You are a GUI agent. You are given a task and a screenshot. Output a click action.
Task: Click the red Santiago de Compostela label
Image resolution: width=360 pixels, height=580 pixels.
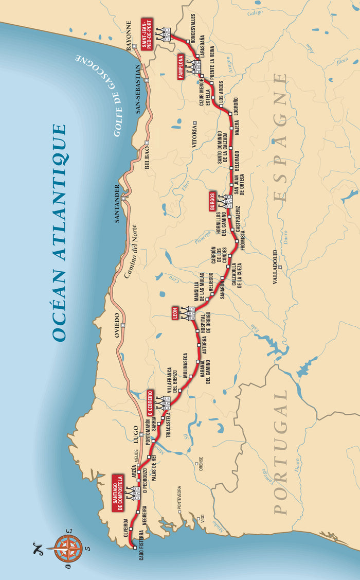pyautogui.click(x=117, y=494)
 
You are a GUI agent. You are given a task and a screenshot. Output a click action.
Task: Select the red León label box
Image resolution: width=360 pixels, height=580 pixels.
pyautogui.click(x=175, y=312)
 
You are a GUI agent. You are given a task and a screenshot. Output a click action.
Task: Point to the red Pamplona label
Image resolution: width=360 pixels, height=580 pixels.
pyautogui.click(x=181, y=67)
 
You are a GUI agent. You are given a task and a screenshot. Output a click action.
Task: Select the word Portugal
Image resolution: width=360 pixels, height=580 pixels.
pyautogui.click(x=281, y=452)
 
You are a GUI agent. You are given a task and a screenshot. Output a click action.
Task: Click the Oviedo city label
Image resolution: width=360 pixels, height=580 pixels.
pyautogui.click(x=116, y=325)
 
